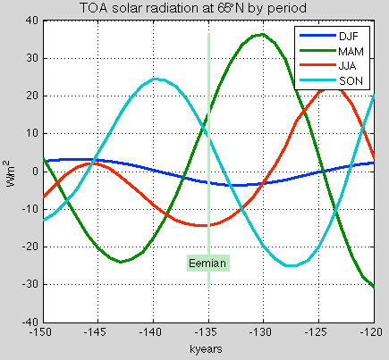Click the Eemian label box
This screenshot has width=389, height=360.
[208, 262]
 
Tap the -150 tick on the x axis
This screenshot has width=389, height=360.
[41, 330]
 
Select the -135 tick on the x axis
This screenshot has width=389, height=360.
[208, 330]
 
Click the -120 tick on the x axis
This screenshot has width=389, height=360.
[375, 330]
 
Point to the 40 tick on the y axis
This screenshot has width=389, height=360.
[31, 20]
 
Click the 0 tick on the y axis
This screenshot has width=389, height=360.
[34, 171]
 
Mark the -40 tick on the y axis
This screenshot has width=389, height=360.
[29, 321]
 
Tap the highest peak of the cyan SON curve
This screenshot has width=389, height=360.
[156, 79]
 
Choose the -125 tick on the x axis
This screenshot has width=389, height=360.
[319, 330]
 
